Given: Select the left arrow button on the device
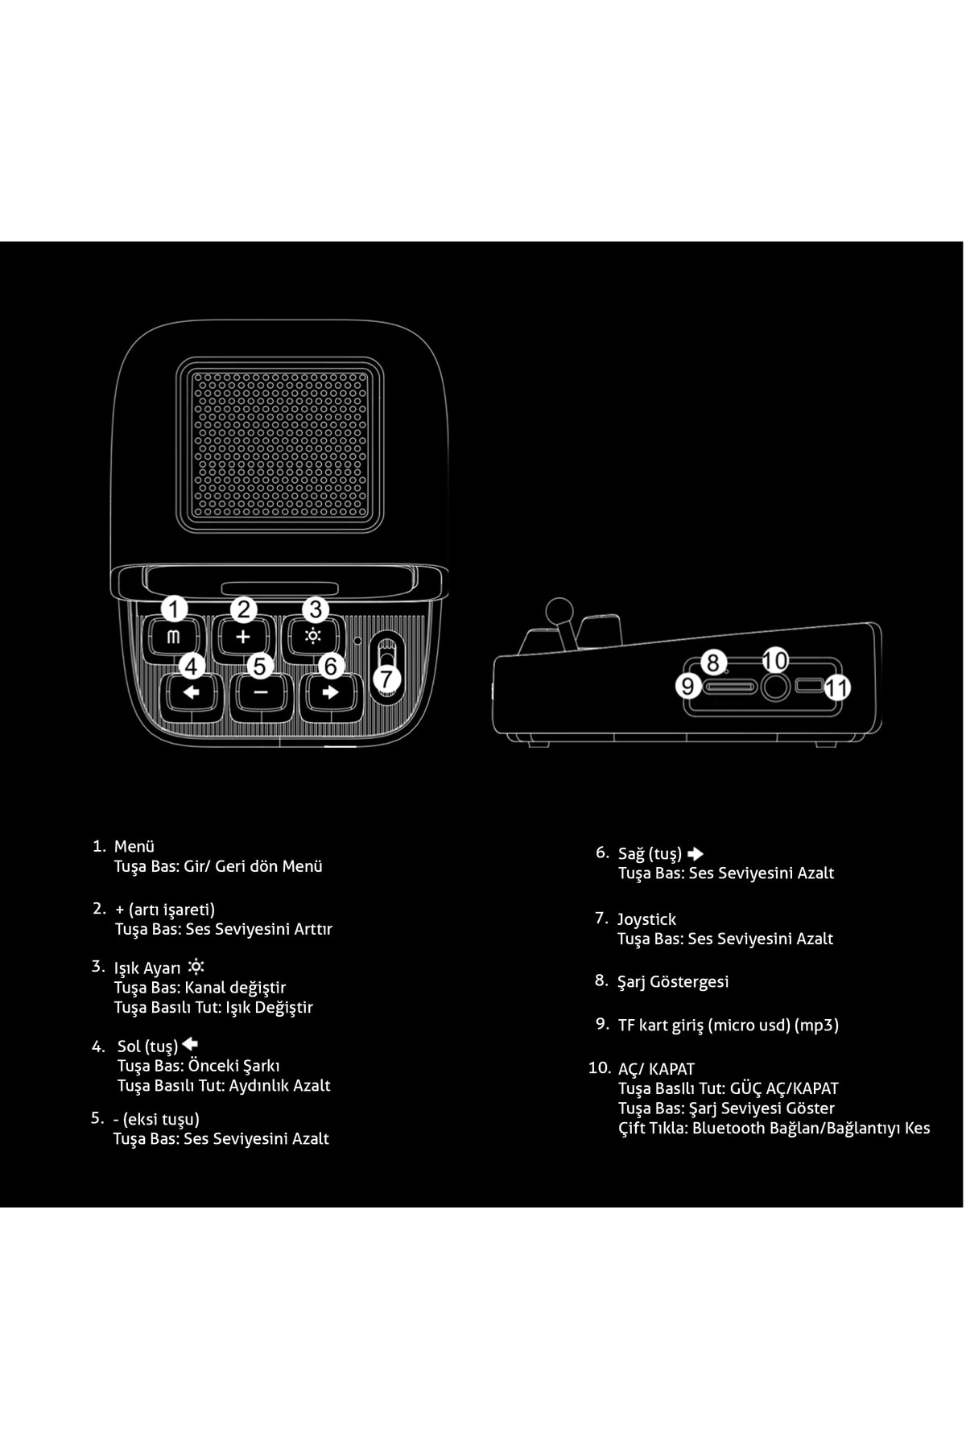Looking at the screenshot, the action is coord(191,693).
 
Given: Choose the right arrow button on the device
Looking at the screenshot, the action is coord(330,693).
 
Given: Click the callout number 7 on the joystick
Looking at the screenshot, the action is coord(387,678).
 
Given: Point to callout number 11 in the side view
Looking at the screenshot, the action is coord(837,687).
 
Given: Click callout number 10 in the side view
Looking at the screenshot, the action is coord(775,660).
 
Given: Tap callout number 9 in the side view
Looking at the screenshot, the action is coord(688,686).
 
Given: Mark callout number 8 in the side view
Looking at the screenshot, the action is coord(713,663).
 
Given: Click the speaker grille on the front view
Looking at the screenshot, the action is coord(280,444).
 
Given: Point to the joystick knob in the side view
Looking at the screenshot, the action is coord(556,609).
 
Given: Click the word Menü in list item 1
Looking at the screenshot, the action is coord(134,846).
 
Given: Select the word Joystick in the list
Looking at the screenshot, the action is coord(646,919).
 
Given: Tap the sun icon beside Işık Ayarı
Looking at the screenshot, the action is coord(196,967).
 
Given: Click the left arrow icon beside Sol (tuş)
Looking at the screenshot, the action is coord(190,1044).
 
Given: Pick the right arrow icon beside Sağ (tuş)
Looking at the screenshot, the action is coord(696,854).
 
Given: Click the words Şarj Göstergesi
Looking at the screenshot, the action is coord(673,982).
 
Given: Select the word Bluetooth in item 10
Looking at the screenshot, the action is coord(729,1128).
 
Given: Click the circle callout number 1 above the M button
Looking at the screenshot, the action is coord(174,609).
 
